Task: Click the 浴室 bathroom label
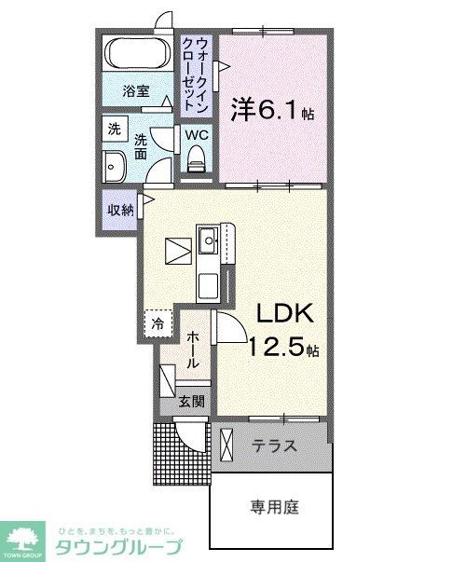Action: pos(137,91)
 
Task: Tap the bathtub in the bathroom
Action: pos(136,55)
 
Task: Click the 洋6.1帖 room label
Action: pos(271,111)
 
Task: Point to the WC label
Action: pos(196,135)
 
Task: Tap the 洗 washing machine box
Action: pos(115,129)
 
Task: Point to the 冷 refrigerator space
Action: pos(158,324)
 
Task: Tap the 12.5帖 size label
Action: pos(284,350)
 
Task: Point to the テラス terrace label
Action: pos(275,446)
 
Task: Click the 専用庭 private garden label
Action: pos(273,508)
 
